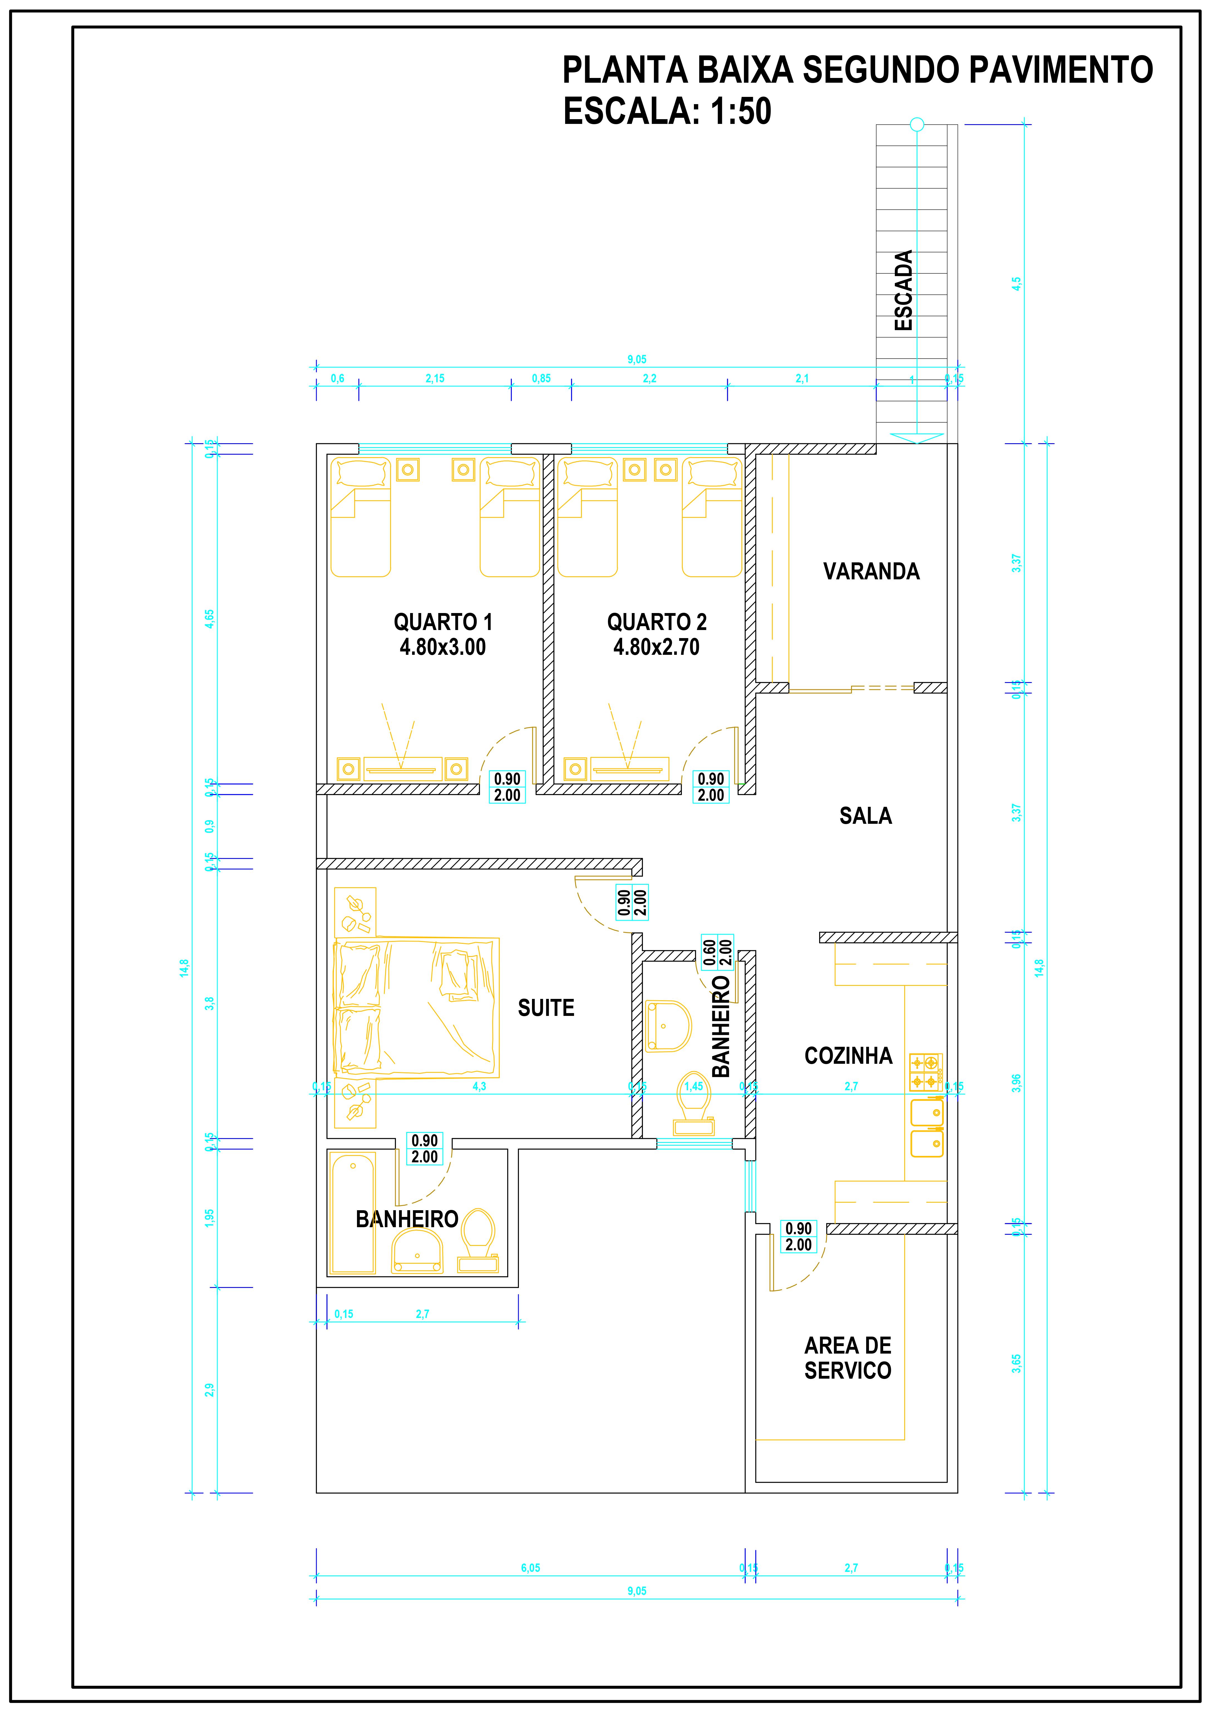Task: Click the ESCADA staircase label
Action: click(904, 290)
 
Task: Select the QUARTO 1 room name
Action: click(443, 622)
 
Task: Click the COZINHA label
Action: click(848, 1056)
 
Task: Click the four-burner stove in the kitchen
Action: click(925, 1072)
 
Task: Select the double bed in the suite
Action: click(416, 1008)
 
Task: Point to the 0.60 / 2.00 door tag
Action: click(717, 952)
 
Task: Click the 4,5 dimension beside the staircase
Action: click(1016, 284)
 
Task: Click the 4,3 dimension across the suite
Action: click(479, 1087)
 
